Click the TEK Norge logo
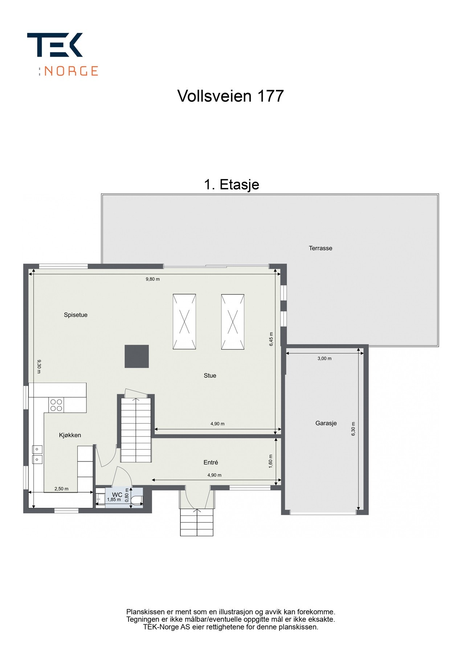point(62,54)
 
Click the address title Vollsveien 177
point(230,96)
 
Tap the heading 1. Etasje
point(231,185)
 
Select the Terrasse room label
point(320,248)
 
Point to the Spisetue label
point(75,315)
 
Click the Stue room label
point(210,375)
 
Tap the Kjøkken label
point(70,435)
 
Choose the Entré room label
point(210,462)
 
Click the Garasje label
point(326,423)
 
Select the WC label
point(117,494)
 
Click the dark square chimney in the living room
point(136,356)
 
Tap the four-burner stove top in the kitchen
point(56,405)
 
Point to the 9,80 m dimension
point(152,279)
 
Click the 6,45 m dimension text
point(271,339)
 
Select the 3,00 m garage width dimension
point(324,358)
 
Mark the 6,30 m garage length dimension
point(353,428)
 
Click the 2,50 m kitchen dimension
point(61,489)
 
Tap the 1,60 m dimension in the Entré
point(270,461)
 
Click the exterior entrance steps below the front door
point(196,522)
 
